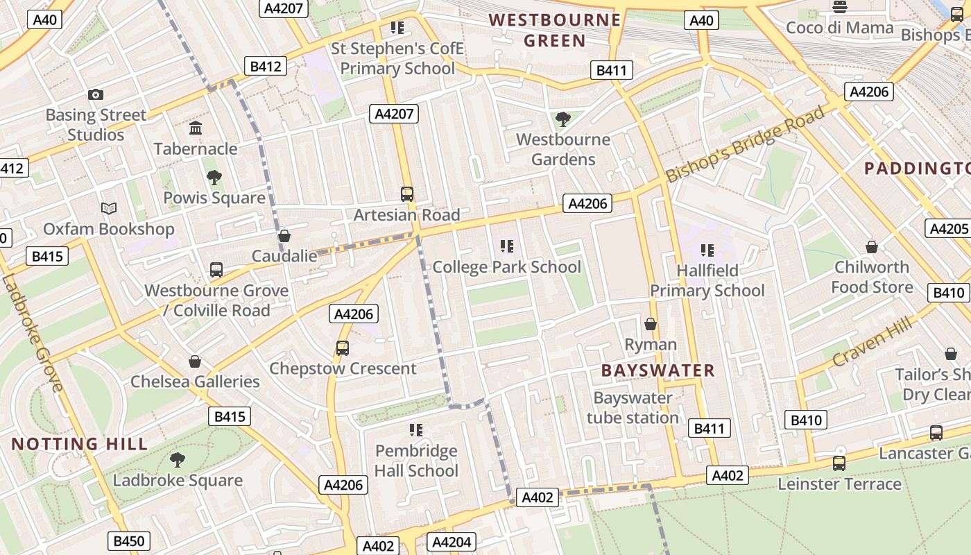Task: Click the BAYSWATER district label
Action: coord(658,370)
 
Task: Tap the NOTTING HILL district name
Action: coord(80,444)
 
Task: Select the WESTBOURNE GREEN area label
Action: coord(555,30)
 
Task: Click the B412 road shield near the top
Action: coord(266,67)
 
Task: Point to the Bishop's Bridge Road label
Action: coord(746,144)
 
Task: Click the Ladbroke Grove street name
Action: coord(33,333)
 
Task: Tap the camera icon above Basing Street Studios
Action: coord(96,95)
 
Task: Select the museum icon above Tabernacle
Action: coord(196,128)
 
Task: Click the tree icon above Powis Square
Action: coord(214,178)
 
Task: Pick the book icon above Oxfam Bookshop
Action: coord(109,208)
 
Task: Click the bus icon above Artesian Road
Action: coord(407,194)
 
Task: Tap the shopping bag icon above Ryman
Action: coord(651,324)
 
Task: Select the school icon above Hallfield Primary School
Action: coord(707,250)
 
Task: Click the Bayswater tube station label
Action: coord(633,408)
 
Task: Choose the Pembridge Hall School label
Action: coord(416,461)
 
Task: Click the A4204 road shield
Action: coord(452,543)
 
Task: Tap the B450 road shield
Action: coord(129,541)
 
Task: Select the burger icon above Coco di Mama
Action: coord(840,8)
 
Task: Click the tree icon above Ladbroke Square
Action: coord(178,459)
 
